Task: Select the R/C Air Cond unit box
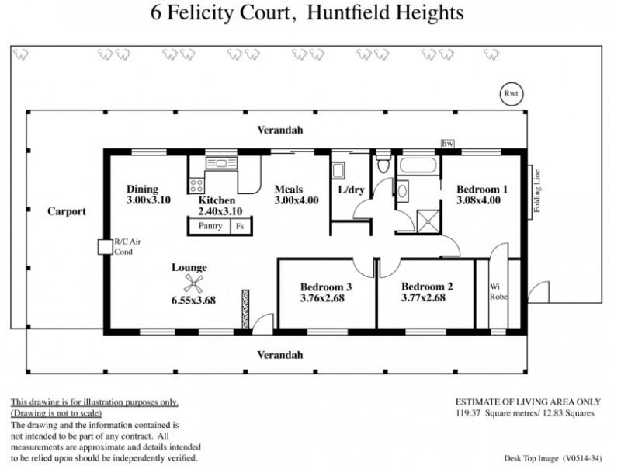[102, 246]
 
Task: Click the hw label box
[447, 144]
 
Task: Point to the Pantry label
[210, 226]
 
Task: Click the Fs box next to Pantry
[241, 226]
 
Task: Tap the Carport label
[66, 210]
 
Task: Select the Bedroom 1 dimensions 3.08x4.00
[477, 200]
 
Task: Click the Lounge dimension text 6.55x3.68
[193, 301]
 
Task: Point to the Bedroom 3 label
[326, 287]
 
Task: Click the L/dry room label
[351, 190]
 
